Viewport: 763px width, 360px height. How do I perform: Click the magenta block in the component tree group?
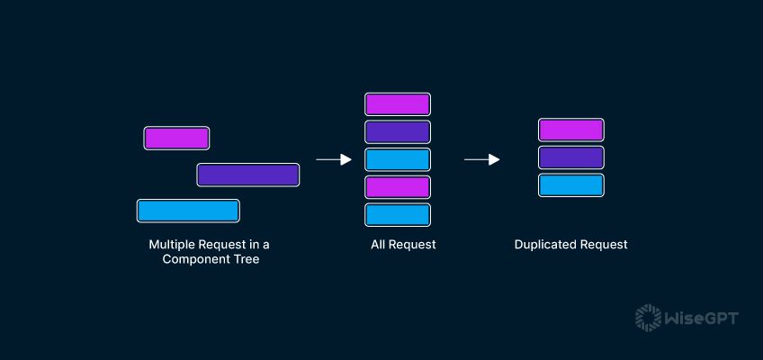click(x=176, y=139)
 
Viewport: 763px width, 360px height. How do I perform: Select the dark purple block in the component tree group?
click(x=248, y=175)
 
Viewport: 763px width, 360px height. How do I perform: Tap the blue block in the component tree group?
click(x=188, y=211)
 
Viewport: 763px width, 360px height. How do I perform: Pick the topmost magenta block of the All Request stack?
click(x=398, y=104)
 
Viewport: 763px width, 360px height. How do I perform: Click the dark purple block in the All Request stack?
click(x=398, y=131)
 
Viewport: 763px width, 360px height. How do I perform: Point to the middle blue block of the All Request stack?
click(x=398, y=159)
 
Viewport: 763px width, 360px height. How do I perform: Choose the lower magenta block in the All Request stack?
click(x=398, y=187)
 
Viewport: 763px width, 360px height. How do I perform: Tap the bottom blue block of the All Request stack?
click(x=398, y=215)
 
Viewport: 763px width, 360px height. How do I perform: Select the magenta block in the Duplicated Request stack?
click(x=571, y=130)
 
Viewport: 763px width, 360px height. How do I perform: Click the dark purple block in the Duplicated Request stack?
click(x=571, y=157)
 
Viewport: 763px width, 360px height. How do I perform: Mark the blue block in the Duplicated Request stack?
click(x=571, y=185)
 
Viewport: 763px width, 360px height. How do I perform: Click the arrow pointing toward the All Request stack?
click(x=334, y=159)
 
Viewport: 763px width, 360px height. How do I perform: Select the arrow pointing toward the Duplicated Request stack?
click(x=481, y=159)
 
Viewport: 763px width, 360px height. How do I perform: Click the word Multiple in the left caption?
click(x=168, y=244)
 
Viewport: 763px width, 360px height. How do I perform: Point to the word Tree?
click(x=248, y=259)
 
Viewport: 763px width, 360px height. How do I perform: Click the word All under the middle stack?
click(x=378, y=244)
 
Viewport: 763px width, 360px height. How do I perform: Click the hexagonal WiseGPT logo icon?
click(x=648, y=319)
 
